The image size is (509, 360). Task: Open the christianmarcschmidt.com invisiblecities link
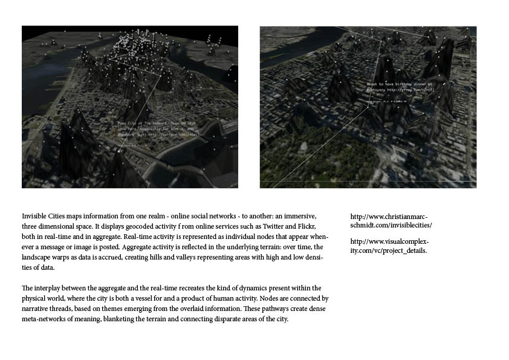[391, 221]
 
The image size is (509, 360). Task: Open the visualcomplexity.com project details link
[390, 246]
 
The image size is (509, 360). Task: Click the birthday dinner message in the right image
[400, 85]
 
